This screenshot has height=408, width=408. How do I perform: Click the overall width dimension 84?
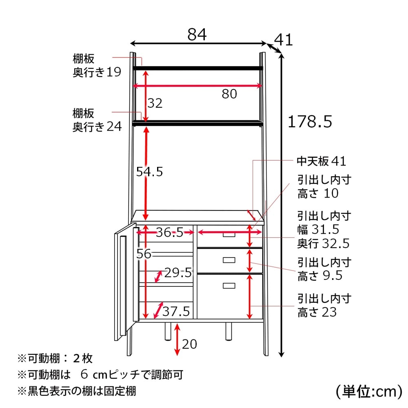[197, 34]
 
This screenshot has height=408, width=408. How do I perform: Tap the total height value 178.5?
[310, 122]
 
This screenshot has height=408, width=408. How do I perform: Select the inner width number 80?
[229, 94]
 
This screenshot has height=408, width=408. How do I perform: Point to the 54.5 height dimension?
[149, 172]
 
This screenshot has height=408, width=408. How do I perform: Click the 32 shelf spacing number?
[155, 103]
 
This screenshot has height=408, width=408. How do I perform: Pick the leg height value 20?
[189, 344]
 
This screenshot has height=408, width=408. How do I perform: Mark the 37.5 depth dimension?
[176, 311]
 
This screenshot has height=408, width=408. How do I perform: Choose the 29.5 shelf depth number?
[178, 273]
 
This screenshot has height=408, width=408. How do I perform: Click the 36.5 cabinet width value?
[170, 232]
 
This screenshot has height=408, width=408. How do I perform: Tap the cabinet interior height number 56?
[144, 254]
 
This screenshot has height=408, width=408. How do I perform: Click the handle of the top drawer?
[229, 235]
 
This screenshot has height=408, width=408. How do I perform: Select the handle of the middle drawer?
[229, 260]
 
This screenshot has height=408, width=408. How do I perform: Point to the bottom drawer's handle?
[229, 286]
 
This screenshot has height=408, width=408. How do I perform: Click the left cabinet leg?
[168, 331]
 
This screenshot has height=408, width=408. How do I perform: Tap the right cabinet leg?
[228, 331]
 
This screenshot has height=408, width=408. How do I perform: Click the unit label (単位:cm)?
[369, 391]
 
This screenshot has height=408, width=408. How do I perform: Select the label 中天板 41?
[322, 161]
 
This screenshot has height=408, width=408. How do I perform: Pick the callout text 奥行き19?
[97, 72]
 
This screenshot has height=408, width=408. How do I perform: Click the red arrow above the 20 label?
[177, 339]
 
